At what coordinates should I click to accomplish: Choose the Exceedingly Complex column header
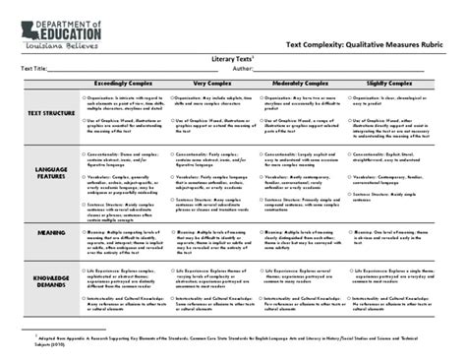tap(122, 86)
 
